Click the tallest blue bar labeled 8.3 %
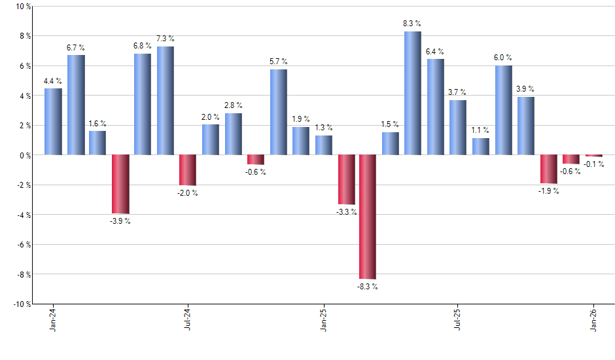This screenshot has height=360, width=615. click(412, 93)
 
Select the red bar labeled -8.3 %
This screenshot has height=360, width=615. click(367, 217)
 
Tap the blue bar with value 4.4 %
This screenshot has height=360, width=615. click(53, 122)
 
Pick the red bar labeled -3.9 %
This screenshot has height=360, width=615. click(120, 184)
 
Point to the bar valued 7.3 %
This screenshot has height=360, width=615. click(166, 101)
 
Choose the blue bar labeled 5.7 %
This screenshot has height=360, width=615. click(278, 112)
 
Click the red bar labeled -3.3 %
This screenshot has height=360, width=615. click(346, 179)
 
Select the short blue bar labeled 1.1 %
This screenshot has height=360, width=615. click(480, 147)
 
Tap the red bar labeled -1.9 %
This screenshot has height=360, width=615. click(548, 169)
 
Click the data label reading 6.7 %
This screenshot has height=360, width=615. click(75, 48)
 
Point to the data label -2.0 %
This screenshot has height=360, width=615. click(188, 193)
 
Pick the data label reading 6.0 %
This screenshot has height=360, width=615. click(503, 58)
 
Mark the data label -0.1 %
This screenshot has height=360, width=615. click(595, 164)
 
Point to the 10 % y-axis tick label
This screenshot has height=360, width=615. click(24, 7)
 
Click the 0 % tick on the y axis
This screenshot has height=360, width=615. click(26, 155)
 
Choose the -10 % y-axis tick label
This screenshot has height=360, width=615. click(22, 304)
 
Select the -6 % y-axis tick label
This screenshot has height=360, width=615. click(24, 244)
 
